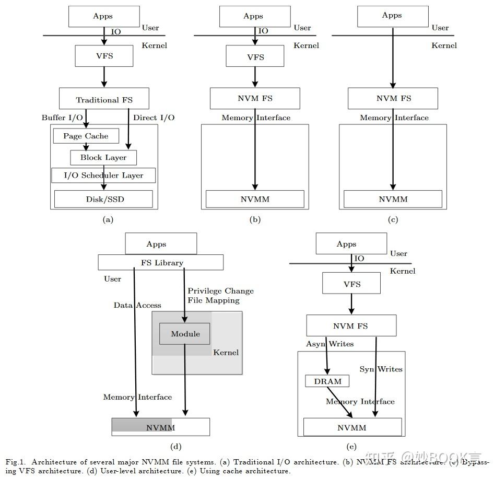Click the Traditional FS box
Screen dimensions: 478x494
[104, 99]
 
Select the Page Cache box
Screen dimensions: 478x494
[86, 136]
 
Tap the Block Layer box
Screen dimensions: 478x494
[103, 157]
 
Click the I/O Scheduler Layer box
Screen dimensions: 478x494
[103, 175]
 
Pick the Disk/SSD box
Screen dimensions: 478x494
[103, 199]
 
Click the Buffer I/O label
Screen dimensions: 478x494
[62, 118]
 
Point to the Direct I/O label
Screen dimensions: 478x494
[154, 118]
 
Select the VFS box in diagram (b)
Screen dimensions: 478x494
[255, 56]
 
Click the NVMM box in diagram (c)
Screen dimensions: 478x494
[393, 199]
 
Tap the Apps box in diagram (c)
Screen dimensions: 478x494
[392, 16]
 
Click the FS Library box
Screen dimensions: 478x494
[161, 262]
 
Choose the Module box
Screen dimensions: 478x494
[185, 334]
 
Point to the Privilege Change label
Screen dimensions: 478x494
[220, 291]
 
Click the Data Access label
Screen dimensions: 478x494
[137, 305]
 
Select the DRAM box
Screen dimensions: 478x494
[327, 381]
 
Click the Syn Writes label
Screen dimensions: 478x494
[381, 369]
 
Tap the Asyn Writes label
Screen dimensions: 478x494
[330, 344]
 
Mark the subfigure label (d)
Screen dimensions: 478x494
[175, 446]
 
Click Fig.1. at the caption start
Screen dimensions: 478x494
[15, 462]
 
